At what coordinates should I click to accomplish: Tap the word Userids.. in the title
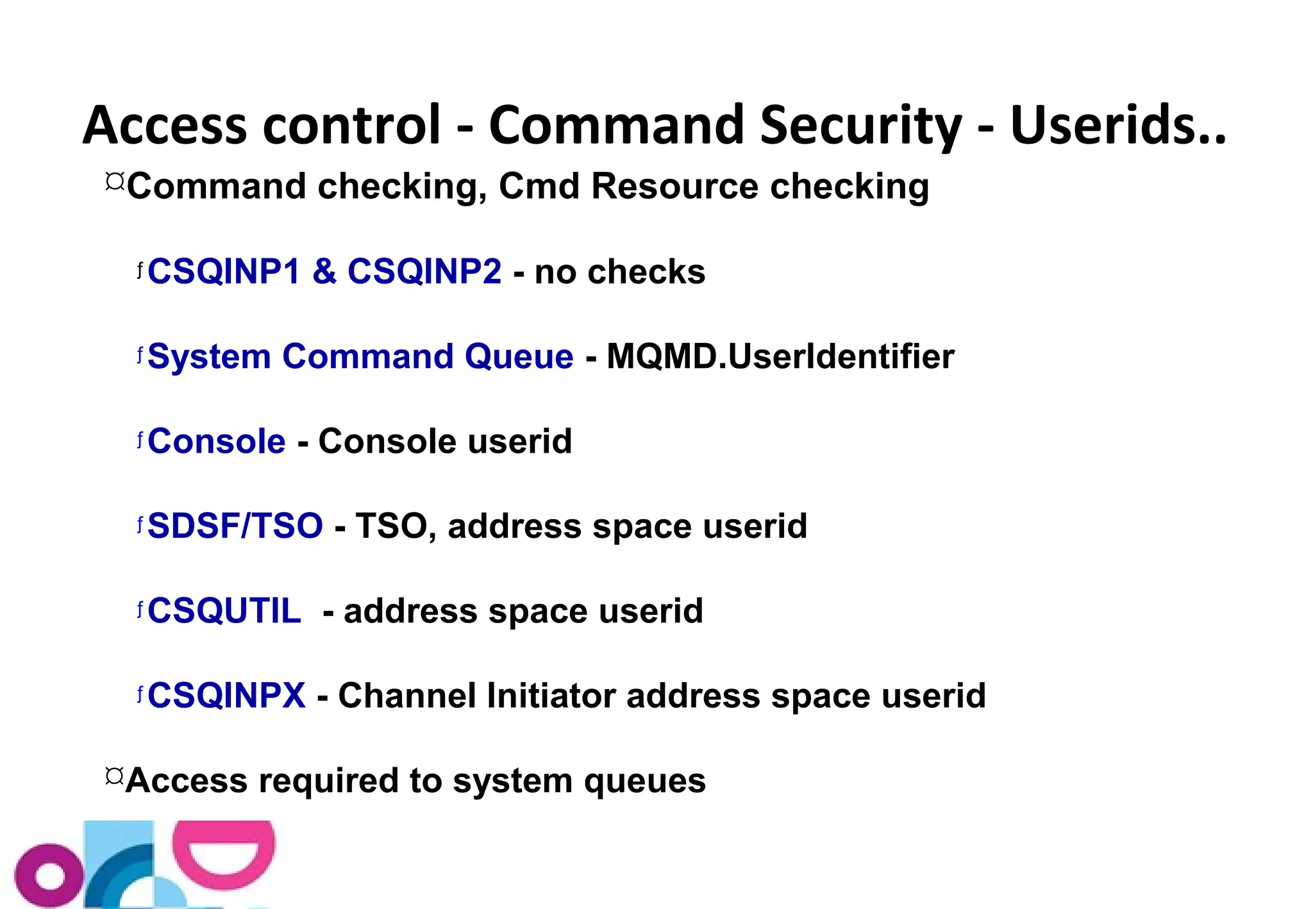point(1117,125)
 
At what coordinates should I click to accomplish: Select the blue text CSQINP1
point(224,271)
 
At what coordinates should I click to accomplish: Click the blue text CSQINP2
point(424,271)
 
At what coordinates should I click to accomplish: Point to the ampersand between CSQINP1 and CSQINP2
point(324,271)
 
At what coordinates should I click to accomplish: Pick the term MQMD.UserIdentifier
point(780,356)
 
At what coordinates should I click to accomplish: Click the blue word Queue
point(519,356)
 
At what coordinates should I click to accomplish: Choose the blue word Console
point(217,441)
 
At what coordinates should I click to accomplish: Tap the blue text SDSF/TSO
point(235,526)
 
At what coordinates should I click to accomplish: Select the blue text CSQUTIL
point(224,610)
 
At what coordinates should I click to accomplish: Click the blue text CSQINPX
point(226,696)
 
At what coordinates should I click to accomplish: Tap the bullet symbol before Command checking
point(115,181)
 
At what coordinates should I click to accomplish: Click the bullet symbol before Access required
point(114,776)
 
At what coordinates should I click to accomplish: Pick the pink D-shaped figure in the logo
point(224,853)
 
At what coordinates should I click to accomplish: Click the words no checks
point(620,271)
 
